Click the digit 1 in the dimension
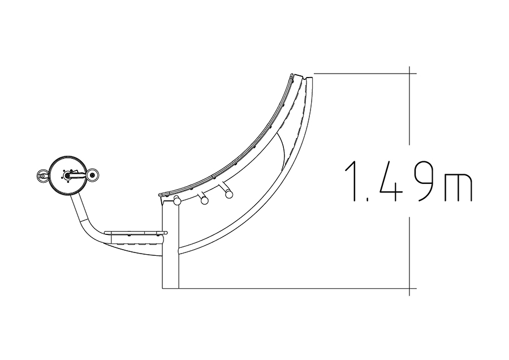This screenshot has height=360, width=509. (x=352, y=181)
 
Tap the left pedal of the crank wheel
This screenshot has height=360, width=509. (x=42, y=176)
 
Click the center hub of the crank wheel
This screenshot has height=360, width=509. (x=67, y=175)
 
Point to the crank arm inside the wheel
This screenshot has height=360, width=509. (x=76, y=175)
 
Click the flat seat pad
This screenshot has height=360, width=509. (x=136, y=233)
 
